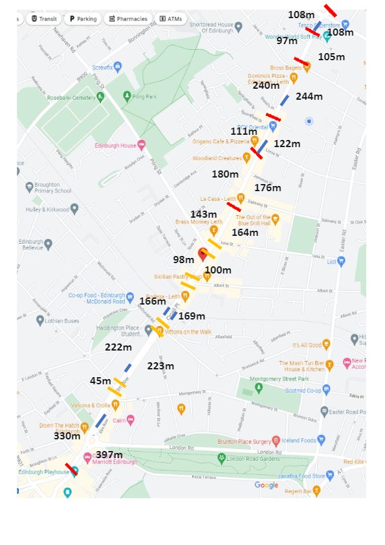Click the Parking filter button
[x=83, y=19]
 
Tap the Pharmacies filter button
[x=128, y=19]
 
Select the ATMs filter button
[x=171, y=19]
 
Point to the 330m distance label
[x=67, y=436]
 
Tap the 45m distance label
[x=100, y=381]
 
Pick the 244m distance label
[x=309, y=97]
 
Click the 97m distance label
[x=287, y=40]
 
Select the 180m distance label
[x=225, y=174]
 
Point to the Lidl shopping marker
[x=341, y=261]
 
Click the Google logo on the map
[x=266, y=485]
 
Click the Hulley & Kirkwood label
[x=47, y=209]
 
